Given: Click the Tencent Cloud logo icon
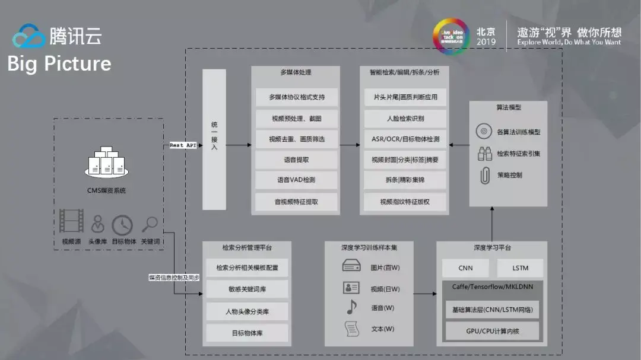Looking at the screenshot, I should tap(29, 36).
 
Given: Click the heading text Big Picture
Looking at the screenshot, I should tap(59, 63).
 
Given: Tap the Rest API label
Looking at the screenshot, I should tap(183, 145).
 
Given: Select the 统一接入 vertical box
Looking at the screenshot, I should tap(214, 139).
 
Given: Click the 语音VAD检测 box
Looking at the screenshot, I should tap(296, 180).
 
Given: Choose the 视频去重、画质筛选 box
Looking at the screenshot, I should tap(296, 139).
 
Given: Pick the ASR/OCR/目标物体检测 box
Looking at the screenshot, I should tap(405, 139).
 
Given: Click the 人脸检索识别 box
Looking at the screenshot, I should tap(405, 118).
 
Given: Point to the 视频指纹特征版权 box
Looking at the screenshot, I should tap(405, 202).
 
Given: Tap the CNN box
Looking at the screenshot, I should tap(466, 268).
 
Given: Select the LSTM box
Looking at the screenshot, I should tap(520, 268).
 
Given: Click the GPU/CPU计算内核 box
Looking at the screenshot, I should tap(493, 331).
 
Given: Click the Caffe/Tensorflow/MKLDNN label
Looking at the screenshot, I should tap(493, 287).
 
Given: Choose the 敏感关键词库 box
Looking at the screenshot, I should tap(247, 289).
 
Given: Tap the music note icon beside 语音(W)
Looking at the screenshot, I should tap(351, 307).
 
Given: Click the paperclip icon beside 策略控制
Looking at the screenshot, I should tap(485, 176).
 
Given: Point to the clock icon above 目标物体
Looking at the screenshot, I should tap(122, 225).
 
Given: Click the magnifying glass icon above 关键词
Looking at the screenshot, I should tap(150, 224).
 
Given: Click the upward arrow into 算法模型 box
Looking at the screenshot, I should tap(493, 222).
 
